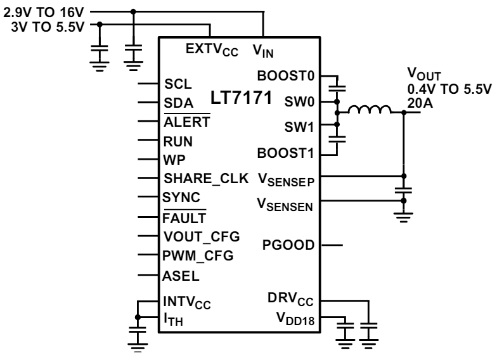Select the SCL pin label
(x=177, y=84)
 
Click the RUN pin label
(x=179, y=141)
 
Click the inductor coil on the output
(x=370, y=111)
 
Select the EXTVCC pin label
(x=212, y=49)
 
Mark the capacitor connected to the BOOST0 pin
(x=337, y=85)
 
